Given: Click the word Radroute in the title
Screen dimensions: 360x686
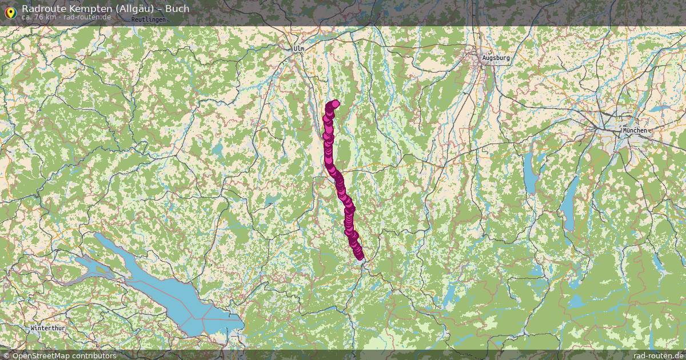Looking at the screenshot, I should [42, 9].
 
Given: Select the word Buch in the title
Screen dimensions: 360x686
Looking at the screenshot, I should [177, 9].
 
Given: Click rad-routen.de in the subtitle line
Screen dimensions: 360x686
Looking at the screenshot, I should [87, 17].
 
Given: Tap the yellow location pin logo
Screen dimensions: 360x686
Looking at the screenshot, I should [10, 11].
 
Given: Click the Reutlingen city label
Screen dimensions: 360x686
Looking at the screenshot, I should [148, 19].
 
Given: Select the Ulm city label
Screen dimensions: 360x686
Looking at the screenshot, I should [298, 49].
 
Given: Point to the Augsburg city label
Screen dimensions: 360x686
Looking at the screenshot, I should [495, 58].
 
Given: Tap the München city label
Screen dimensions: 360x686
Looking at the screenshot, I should [635, 130].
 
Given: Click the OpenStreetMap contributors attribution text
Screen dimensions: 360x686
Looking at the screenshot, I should [59, 355].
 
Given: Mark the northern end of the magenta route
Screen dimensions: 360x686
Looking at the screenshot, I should [335, 103].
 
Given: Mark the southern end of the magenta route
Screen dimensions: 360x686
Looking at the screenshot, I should [360, 257].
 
